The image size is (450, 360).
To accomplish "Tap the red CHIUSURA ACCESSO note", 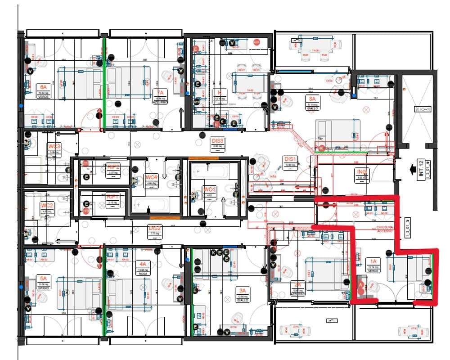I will pos(385,229).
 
